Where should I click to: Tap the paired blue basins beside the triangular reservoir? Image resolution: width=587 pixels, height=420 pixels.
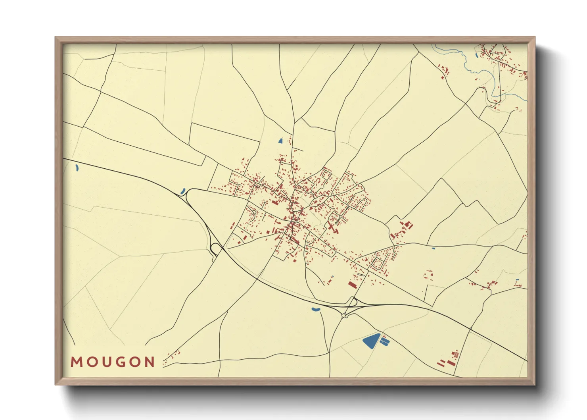384,340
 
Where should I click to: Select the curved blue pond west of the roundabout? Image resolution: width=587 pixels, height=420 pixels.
316,309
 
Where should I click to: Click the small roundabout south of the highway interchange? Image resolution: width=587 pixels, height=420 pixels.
345,316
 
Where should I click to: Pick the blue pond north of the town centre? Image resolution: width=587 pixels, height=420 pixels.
280,141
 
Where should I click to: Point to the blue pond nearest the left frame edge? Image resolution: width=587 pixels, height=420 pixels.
77,168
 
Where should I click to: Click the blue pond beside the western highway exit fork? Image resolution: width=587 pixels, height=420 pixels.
183,191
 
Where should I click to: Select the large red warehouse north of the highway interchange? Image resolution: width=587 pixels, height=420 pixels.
352,284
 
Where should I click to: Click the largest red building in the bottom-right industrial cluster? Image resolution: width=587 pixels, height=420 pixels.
450,362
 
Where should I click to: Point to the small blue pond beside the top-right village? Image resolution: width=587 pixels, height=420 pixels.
476,55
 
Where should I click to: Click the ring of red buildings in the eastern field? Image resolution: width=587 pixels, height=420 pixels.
428,274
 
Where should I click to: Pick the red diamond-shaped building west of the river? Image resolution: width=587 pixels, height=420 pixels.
445,71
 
